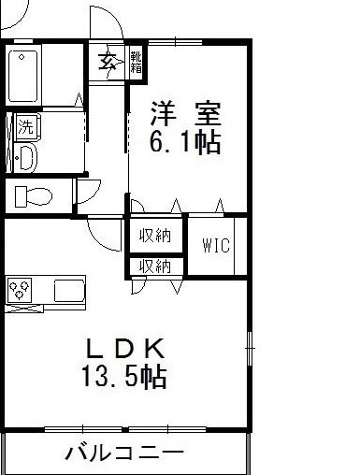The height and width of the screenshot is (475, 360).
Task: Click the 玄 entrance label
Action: pyautogui.click(x=107, y=64)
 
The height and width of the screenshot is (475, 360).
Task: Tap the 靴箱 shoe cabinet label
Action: pyautogui.click(x=136, y=64)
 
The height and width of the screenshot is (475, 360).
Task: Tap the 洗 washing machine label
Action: pyautogui.click(x=24, y=125)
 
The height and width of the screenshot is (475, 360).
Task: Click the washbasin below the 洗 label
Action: pyautogui.click(x=24, y=156)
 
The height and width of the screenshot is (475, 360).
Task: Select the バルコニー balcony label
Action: pyautogui.click(x=124, y=455)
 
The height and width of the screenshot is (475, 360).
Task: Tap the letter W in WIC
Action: pyautogui.click(x=209, y=246)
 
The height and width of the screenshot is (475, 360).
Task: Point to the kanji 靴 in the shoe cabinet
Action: pyautogui.click(x=136, y=58)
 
